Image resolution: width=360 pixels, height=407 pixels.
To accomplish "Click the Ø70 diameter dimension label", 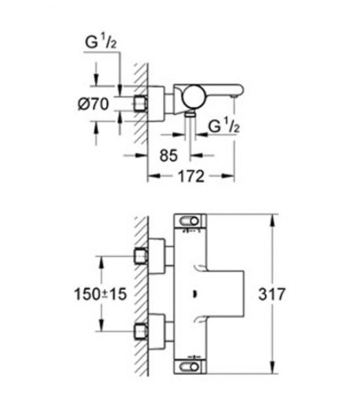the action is [93, 104].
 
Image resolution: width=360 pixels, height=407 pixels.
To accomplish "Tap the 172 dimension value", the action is [191, 176].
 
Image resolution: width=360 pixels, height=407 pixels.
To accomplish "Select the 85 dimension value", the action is [169, 155].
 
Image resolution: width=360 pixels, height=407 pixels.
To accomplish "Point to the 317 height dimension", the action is [271, 294].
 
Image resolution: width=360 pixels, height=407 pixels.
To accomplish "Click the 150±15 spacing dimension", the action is [101, 294].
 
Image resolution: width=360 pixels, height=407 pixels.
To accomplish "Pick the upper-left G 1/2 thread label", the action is [101, 42].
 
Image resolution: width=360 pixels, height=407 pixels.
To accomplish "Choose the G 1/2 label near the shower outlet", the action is [224, 126].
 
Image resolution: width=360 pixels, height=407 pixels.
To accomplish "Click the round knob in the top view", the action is [193, 96].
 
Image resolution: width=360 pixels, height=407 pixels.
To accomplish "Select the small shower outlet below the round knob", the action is [191, 113].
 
